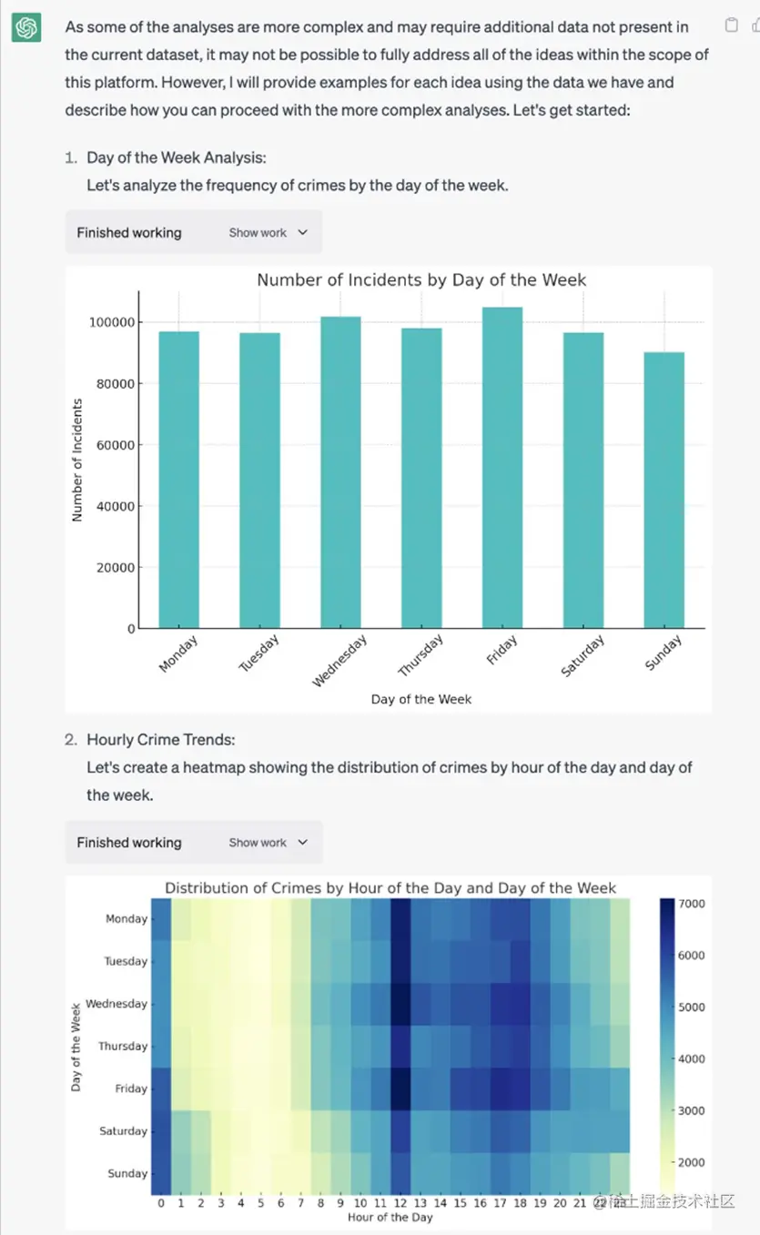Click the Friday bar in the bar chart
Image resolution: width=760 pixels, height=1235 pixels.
pos(502,468)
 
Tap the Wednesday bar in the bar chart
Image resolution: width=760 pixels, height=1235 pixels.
pos(340,472)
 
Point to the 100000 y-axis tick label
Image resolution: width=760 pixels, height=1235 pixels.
pos(111,322)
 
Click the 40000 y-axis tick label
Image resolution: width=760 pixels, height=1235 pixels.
pos(116,506)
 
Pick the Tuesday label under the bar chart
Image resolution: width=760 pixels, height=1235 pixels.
pos(259,653)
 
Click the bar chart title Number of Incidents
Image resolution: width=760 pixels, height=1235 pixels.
pos(421,280)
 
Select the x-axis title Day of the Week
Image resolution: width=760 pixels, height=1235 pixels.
pos(421,699)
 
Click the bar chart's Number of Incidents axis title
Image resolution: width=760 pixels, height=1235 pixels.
pos(77,460)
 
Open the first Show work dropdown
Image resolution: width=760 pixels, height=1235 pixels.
pos(269,233)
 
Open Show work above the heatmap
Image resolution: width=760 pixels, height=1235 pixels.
pos(269,843)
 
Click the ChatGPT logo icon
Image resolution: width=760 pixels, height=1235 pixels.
pos(26,28)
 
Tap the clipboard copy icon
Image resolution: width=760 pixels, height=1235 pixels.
pos(731,25)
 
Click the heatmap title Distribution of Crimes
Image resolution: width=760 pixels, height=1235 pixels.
pos(390,887)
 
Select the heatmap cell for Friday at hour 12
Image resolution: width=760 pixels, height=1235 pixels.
pos(400,1088)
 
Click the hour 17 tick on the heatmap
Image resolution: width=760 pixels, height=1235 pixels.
pos(500,1203)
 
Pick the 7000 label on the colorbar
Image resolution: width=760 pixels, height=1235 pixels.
pos(692,904)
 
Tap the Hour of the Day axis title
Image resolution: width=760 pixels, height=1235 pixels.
pos(390,1218)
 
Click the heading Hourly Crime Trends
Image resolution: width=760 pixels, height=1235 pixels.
pos(160,740)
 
